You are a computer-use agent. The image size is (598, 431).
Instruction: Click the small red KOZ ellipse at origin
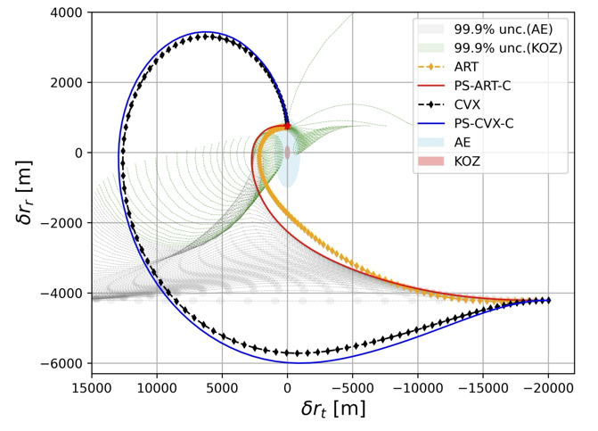tap(287, 153)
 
